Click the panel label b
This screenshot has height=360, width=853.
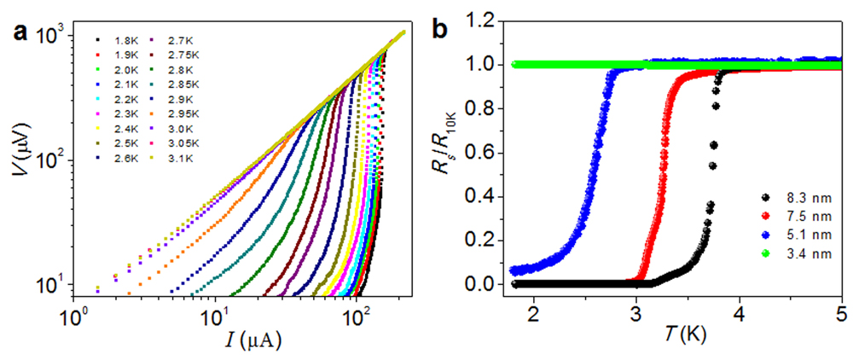[x=441, y=26]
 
